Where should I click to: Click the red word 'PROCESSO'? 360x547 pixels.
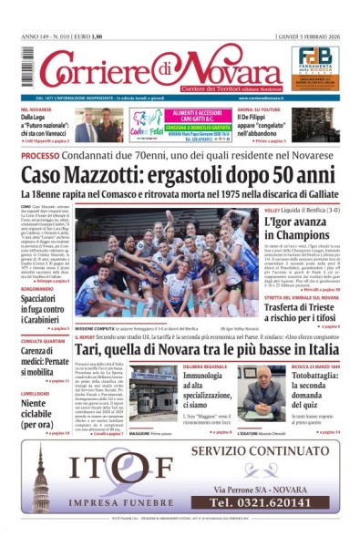click(41, 156)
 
